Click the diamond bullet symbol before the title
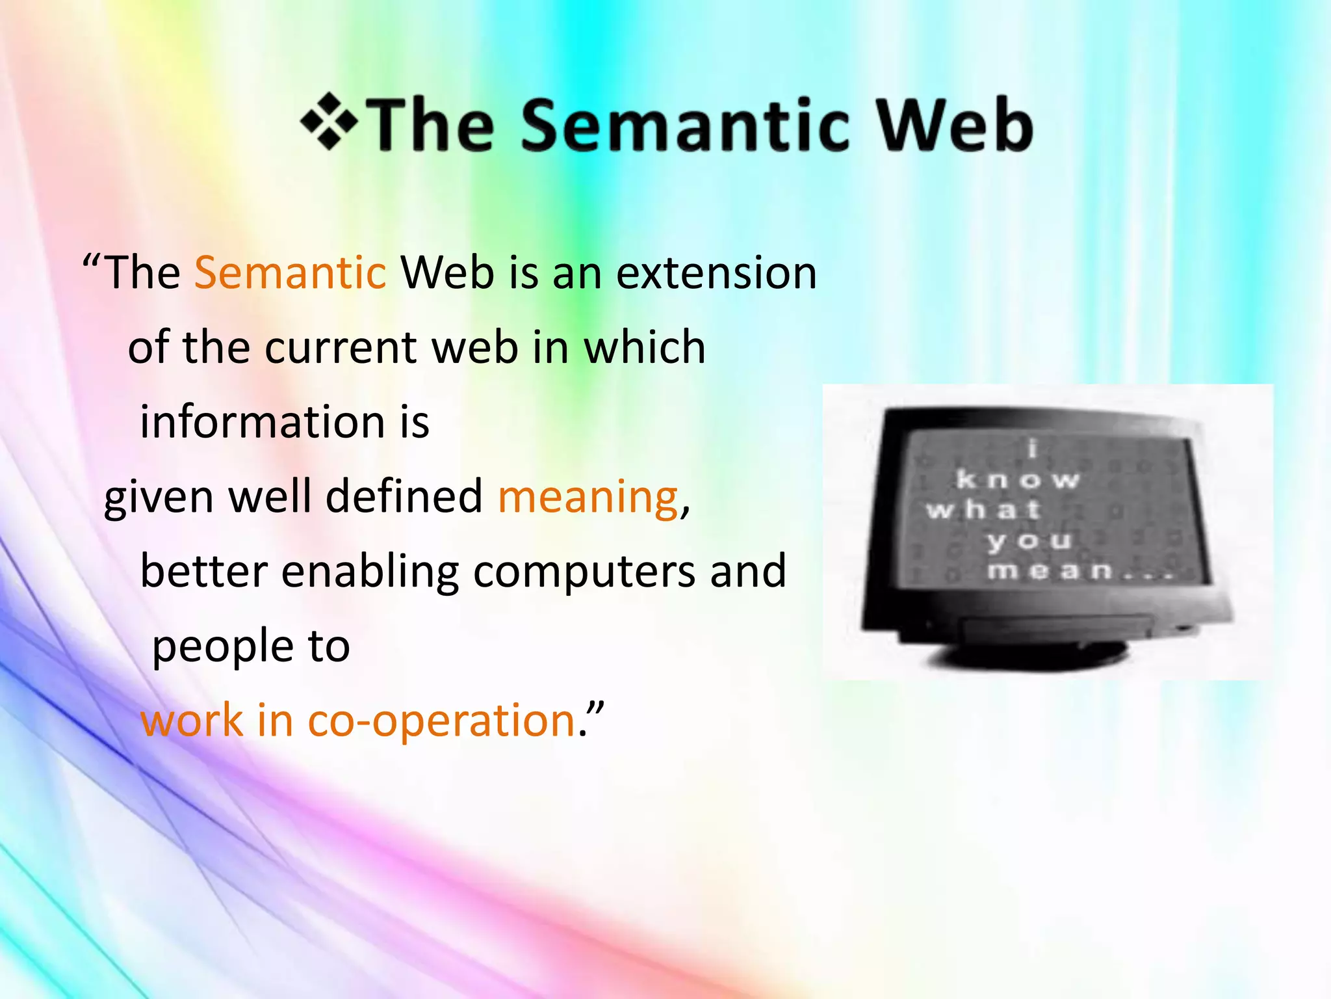tap(329, 122)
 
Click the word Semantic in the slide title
tap(685, 125)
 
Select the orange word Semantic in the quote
tap(291, 273)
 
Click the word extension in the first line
tap(716, 273)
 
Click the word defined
tap(404, 496)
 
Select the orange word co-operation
tap(441, 721)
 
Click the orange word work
tap(192, 721)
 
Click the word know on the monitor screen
tap(1017, 480)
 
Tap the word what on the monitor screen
tap(983, 509)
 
